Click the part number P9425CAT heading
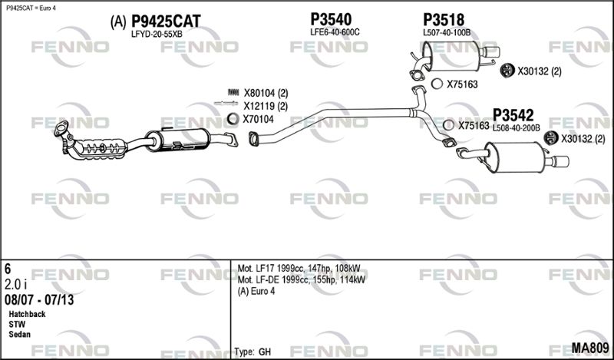[166, 21]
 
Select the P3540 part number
[331, 19]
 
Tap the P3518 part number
[444, 20]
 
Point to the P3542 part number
[513, 115]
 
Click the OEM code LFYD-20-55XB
[157, 34]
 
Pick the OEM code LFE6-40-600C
[335, 32]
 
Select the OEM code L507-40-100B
[447, 33]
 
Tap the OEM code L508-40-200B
[516, 128]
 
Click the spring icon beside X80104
[233, 92]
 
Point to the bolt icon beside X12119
[226, 104]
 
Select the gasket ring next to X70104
[233, 119]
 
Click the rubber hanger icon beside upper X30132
[507, 70]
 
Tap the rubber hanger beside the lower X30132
[551, 137]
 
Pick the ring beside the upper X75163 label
[437, 84]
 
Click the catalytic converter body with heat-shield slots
[101, 148]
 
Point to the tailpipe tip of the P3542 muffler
[560, 161]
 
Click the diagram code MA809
[590, 348]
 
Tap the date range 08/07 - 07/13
[39, 300]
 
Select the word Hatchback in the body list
[27, 314]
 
